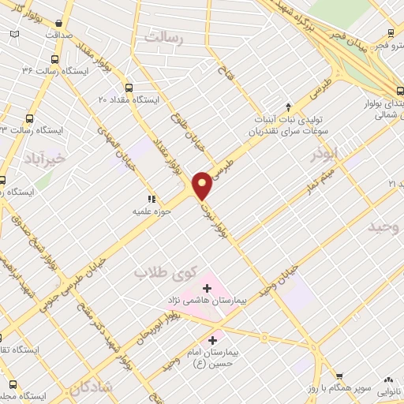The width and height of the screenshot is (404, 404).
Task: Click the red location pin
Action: point(203,185)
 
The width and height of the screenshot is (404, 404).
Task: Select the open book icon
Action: point(14,35)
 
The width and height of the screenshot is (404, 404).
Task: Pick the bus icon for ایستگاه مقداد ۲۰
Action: point(129,88)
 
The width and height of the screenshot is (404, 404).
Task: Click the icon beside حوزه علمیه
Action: point(151,200)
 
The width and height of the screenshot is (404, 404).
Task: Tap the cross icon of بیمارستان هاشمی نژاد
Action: point(208,289)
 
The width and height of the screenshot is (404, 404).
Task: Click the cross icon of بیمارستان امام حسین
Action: point(211,339)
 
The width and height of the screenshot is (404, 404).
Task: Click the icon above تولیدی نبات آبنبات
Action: point(289,106)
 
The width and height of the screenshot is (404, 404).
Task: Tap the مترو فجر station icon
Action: point(391,35)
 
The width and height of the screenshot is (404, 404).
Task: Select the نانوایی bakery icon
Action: point(387,380)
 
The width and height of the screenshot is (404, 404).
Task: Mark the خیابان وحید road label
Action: point(282,277)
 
